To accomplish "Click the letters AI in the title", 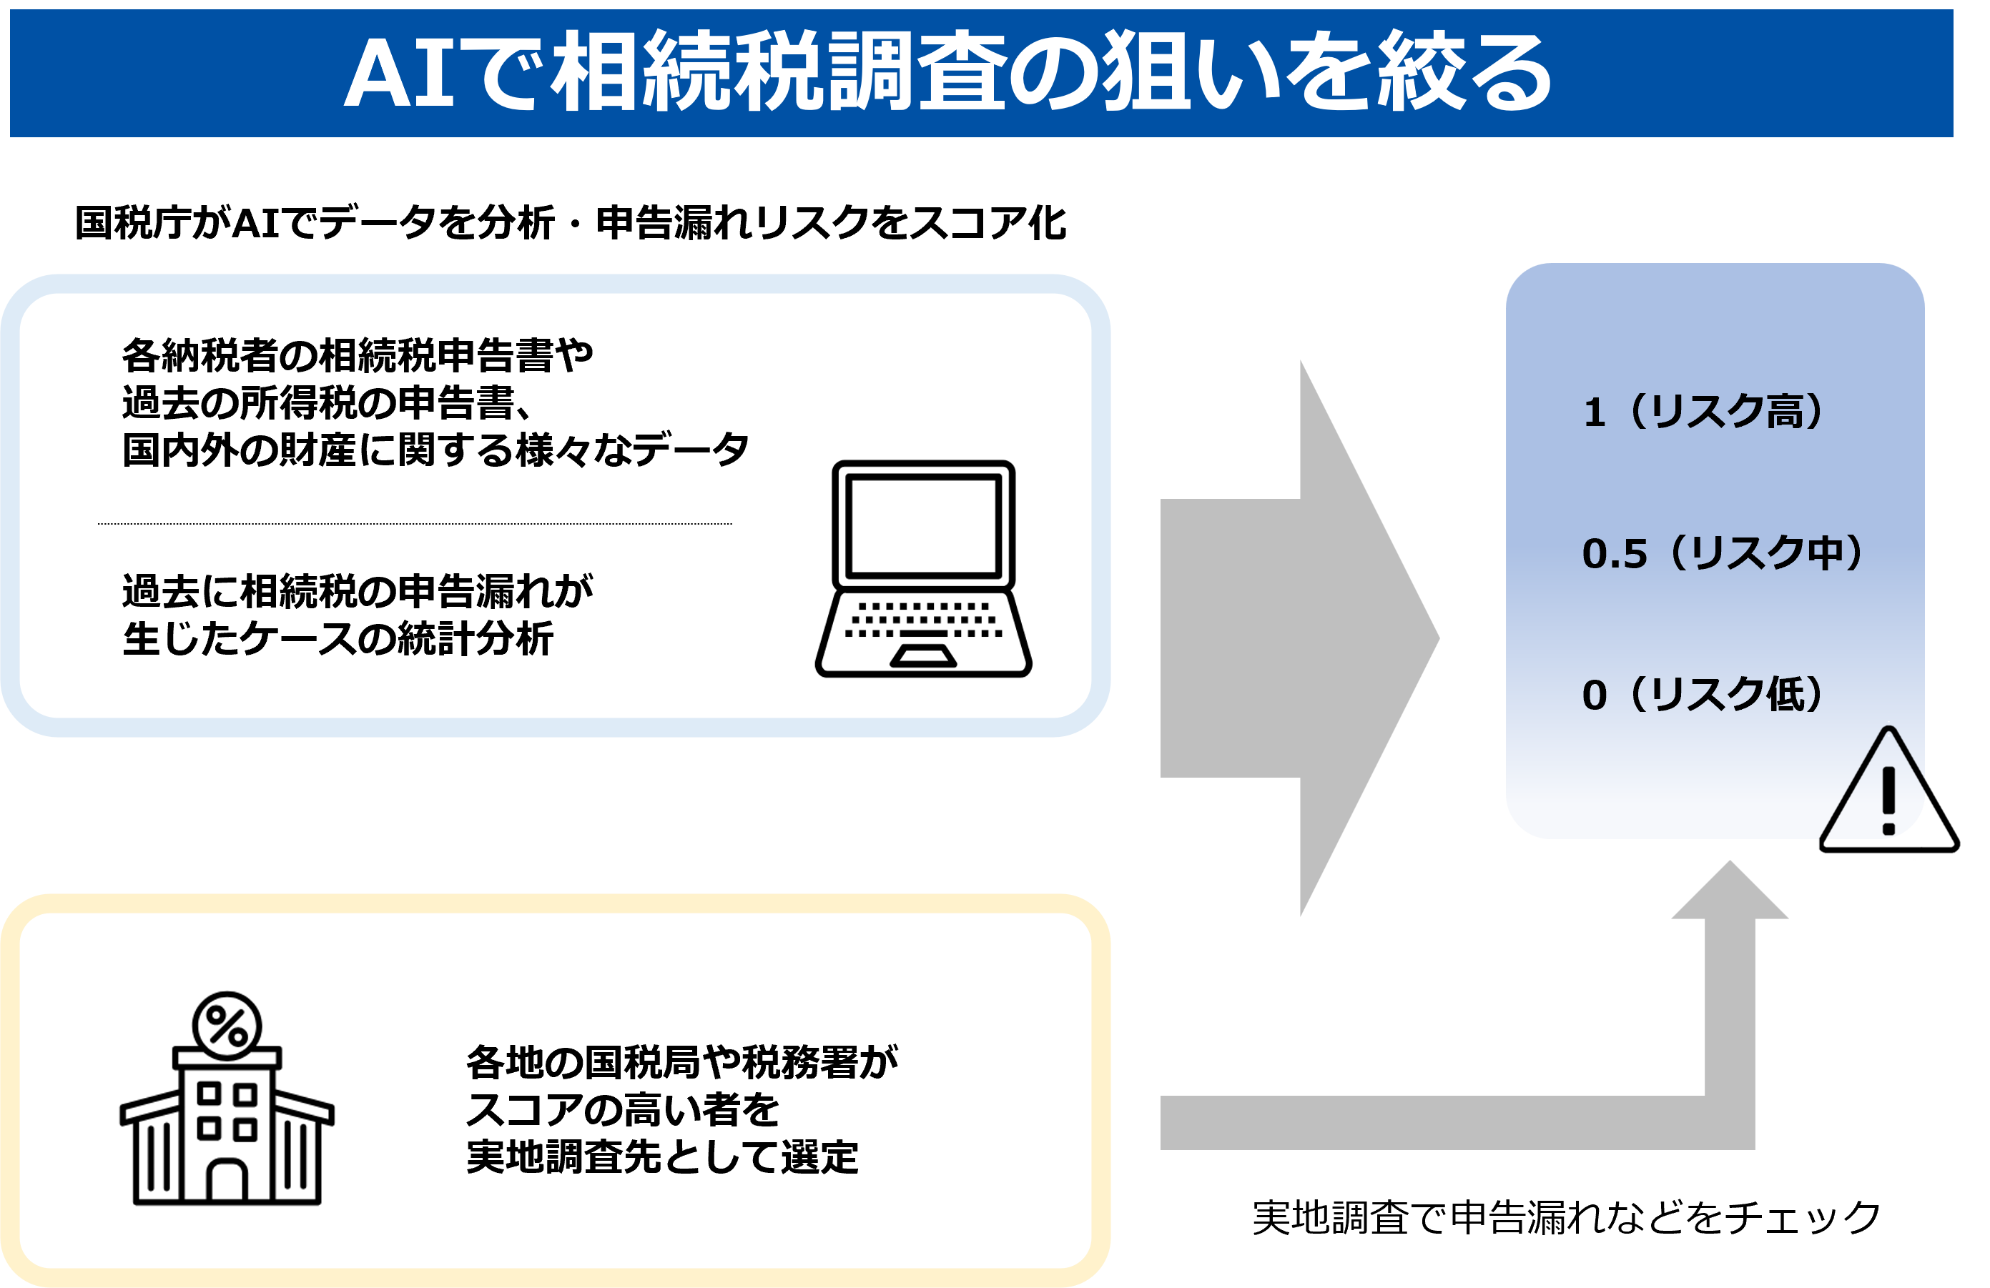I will click(x=399, y=74).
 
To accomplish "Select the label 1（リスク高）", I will click(x=1703, y=411).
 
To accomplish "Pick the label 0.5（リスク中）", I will click(x=1723, y=553).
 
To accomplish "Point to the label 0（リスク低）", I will click(x=1703, y=694).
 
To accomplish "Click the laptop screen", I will click(x=923, y=525).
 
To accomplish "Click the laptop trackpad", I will click(x=923, y=656).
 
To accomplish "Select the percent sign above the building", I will click(x=227, y=1026).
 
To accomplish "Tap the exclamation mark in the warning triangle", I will click(x=1888, y=800).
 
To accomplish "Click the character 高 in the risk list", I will click(x=1784, y=411).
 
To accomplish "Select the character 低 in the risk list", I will click(x=1784, y=694).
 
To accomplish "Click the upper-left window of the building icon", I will click(x=209, y=1092).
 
